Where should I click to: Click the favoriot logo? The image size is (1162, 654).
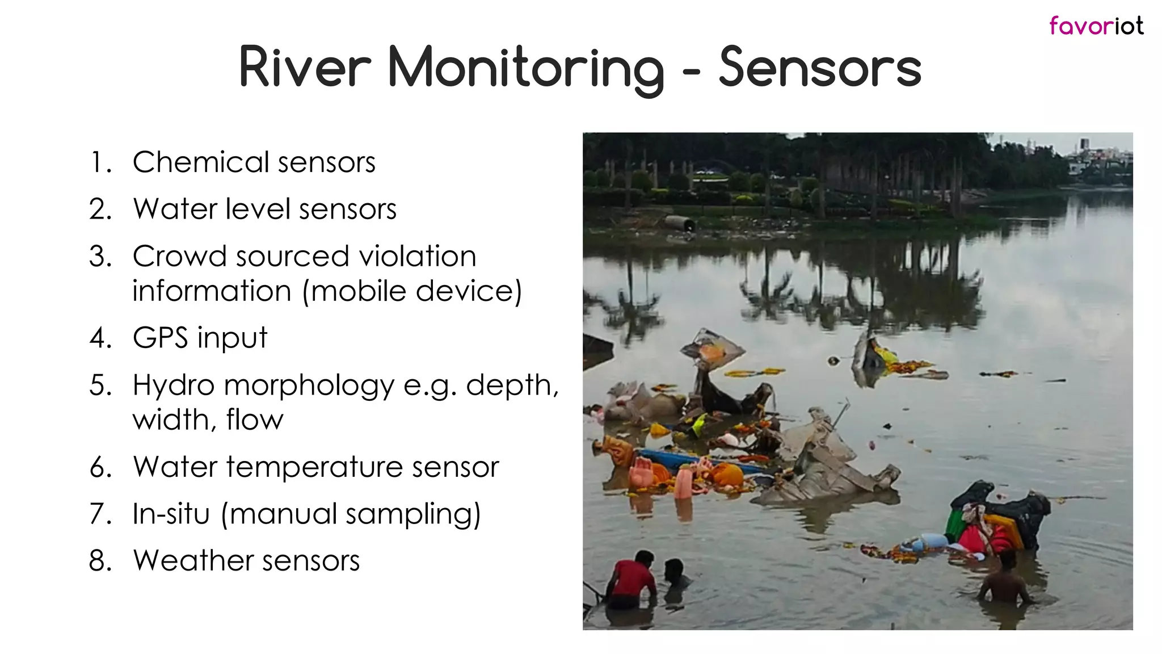(x=1096, y=26)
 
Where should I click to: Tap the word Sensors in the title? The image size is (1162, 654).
(x=819, y=68)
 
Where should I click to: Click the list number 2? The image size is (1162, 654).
(x=101, y=209)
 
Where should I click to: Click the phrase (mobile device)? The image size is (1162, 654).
(x=412, y=292)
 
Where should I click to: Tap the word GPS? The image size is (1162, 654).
(x=160, y=338)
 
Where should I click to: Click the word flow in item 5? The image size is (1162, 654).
(x=254, y=421)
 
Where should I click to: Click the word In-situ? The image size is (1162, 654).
(x=171, y=514)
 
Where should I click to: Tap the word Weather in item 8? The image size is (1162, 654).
(x=192, y=561)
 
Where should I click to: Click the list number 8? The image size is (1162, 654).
(x=101, y=561)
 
